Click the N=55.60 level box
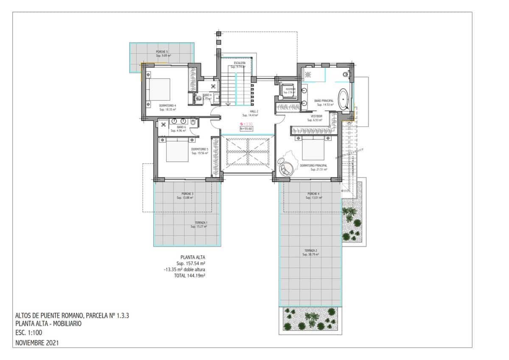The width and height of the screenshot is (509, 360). point(246,129)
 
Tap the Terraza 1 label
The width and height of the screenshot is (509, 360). point(199,224)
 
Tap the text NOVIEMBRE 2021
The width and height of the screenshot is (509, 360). point(37,342)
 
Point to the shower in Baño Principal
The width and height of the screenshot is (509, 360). point(308,74)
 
